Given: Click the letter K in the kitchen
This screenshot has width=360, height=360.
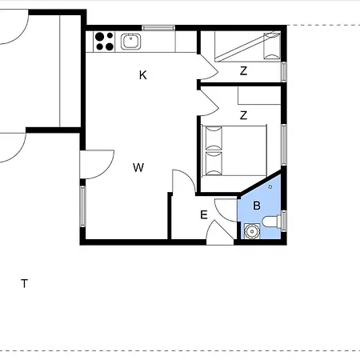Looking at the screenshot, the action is (143, 75).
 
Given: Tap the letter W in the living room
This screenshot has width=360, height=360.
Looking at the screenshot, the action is (138, 167).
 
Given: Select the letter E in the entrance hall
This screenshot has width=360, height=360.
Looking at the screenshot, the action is (204, 214).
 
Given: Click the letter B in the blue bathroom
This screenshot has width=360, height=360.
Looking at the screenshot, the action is (257, 206).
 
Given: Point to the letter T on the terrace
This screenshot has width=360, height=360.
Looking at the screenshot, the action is (24, 283).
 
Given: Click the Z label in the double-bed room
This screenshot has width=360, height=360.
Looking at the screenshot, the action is (243, 115).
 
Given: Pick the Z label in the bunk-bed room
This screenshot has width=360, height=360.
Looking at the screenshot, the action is (243, 71).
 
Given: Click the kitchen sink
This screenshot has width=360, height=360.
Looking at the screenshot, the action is (130, 42).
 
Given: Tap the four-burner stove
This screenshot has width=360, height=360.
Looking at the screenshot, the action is (104, 42).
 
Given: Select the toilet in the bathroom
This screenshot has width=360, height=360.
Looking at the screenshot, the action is (272, 222).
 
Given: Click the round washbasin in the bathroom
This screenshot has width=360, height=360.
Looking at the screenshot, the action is (252, 231).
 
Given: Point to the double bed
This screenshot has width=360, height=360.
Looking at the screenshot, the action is (234, 150).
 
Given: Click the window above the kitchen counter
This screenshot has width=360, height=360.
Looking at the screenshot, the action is (158, 27).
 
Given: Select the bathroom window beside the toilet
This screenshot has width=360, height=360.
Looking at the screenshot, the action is (284, 221).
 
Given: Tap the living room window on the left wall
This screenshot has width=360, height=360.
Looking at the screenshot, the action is (82, 206).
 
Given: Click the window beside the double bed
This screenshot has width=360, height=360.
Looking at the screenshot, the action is (284, 145).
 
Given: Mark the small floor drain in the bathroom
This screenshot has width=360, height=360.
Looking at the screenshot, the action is (270, 186).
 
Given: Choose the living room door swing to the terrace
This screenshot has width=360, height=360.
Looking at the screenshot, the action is (97, 165).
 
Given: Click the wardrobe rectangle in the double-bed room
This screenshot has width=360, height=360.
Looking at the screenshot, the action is (259, 95).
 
